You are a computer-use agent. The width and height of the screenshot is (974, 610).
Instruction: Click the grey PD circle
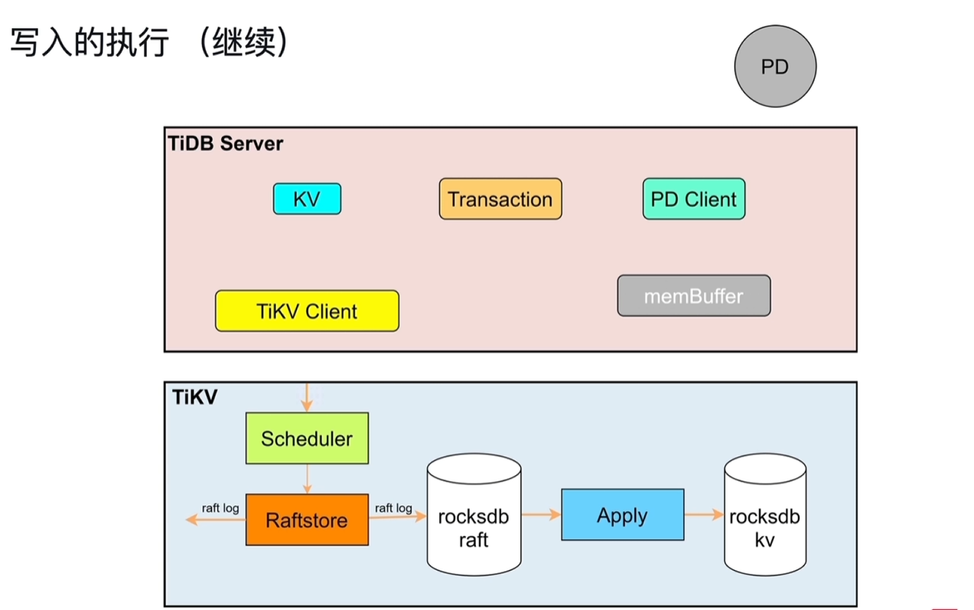pos(775,67)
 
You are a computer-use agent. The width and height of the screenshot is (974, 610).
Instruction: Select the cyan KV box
pos(307,200)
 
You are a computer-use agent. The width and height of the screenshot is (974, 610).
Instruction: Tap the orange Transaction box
pos(500,200)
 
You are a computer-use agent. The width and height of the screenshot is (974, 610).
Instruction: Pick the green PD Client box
pos(693,200)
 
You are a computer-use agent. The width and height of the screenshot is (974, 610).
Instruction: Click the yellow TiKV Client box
pos(307,312)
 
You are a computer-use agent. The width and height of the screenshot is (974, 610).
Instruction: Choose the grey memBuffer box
pos(693,296)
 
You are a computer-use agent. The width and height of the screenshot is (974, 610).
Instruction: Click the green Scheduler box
pos(307,439)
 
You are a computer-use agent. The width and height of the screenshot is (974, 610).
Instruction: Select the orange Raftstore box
pos(307,520)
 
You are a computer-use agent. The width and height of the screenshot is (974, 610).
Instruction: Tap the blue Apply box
pos(622,515)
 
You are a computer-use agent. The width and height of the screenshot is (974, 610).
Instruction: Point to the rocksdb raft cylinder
pos(474,517)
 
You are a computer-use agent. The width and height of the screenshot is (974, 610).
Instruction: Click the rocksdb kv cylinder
pos(764,517)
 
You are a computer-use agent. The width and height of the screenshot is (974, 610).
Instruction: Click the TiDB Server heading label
pos(226,143)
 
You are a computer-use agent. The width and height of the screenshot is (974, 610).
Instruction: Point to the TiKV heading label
pos(195,397)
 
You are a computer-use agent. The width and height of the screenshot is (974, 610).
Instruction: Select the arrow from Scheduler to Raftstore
pos(307,478)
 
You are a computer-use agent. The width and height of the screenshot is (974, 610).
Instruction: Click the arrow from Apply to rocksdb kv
pos(703,515)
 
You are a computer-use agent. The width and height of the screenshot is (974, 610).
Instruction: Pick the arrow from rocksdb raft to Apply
pos(541,515)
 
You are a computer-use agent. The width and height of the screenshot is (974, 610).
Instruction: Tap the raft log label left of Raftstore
pos(220,507)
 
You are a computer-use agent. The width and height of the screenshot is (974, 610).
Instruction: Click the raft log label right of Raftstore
pos(393,507)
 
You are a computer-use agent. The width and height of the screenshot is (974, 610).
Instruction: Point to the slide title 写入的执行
pos(89,43)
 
